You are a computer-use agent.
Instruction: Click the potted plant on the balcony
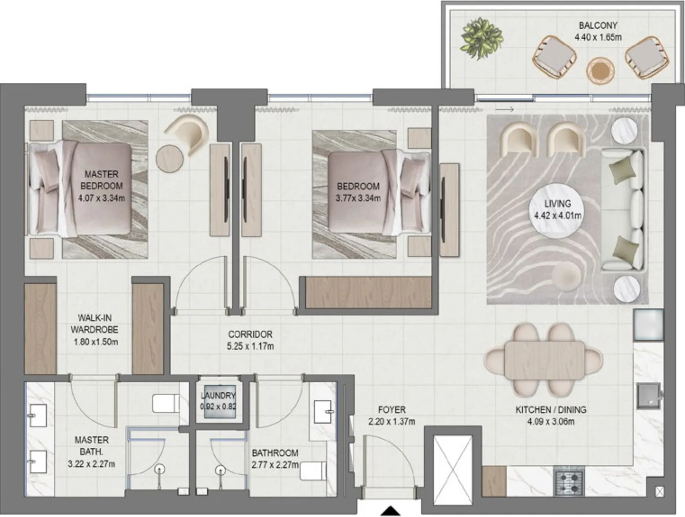point(481,38)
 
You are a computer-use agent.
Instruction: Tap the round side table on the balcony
point(600,71)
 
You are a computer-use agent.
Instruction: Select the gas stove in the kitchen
point(568,482)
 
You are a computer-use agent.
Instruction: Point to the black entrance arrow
point(391,511)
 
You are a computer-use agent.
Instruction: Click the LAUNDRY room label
point(218,395)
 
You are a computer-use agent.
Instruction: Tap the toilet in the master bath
point(166,403)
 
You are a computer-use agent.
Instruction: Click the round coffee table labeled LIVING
point(557,210)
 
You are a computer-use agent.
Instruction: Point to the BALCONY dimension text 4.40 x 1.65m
point(598,37)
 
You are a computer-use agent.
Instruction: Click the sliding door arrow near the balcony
point(505,109)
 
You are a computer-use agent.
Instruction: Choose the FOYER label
point(392,409)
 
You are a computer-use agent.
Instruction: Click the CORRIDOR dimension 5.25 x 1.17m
point(250,346)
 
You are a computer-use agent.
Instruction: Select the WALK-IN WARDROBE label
point(95,323)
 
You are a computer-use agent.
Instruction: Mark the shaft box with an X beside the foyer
point(453,466)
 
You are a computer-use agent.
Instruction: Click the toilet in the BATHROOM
point(313,471)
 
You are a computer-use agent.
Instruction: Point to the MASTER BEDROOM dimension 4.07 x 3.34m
point(101,198)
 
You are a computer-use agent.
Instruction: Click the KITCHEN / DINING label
point(551,409)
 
